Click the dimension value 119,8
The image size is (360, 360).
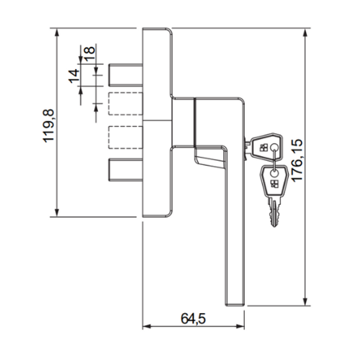click(49, 123)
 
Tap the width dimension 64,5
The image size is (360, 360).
click(193, 319)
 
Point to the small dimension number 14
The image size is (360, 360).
click(73, 76)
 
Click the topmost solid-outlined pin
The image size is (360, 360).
click(125, 75)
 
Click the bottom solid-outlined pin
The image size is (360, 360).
click(125, 169)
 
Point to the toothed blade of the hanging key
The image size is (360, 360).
click(274, 211)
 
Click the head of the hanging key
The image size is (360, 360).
click(273, 179)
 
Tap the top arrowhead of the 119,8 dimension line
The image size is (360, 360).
click(57, 32)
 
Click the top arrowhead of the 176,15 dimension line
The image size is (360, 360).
click(307, 32)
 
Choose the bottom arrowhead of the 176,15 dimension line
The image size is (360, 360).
click(307, 302)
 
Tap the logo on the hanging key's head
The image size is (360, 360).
click(273, 184)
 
